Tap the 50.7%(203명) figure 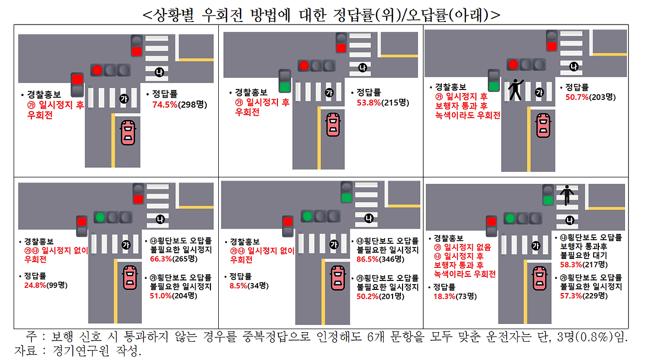coord(590,97)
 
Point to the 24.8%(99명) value coord(46,285)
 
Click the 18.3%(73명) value coord(454,296)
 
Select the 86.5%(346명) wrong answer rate coord(384,259)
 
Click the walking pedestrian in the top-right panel coord(516,89)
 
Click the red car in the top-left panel coord(128,132)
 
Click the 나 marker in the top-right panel coord(574,66)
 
